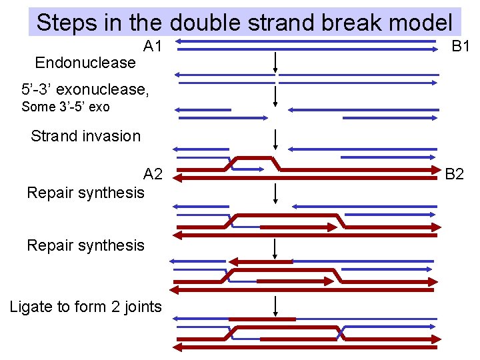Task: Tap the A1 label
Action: (x=153, y=47)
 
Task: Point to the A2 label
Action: (x=153, y=175)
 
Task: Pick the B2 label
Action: (x=455, y=175)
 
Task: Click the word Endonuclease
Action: (x=85, y=63)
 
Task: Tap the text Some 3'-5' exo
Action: (x=65, y=107)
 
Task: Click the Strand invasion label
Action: (x=85, y=137)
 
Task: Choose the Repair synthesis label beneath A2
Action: (x=85, y=193)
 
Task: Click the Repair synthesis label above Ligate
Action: (x=85, y=245)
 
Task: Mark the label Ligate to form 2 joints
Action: (x=85, y=307)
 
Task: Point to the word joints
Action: (x=139, y=307)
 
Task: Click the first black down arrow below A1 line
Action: (x=275, y=62)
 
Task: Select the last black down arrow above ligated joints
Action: (x=275, y=307)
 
